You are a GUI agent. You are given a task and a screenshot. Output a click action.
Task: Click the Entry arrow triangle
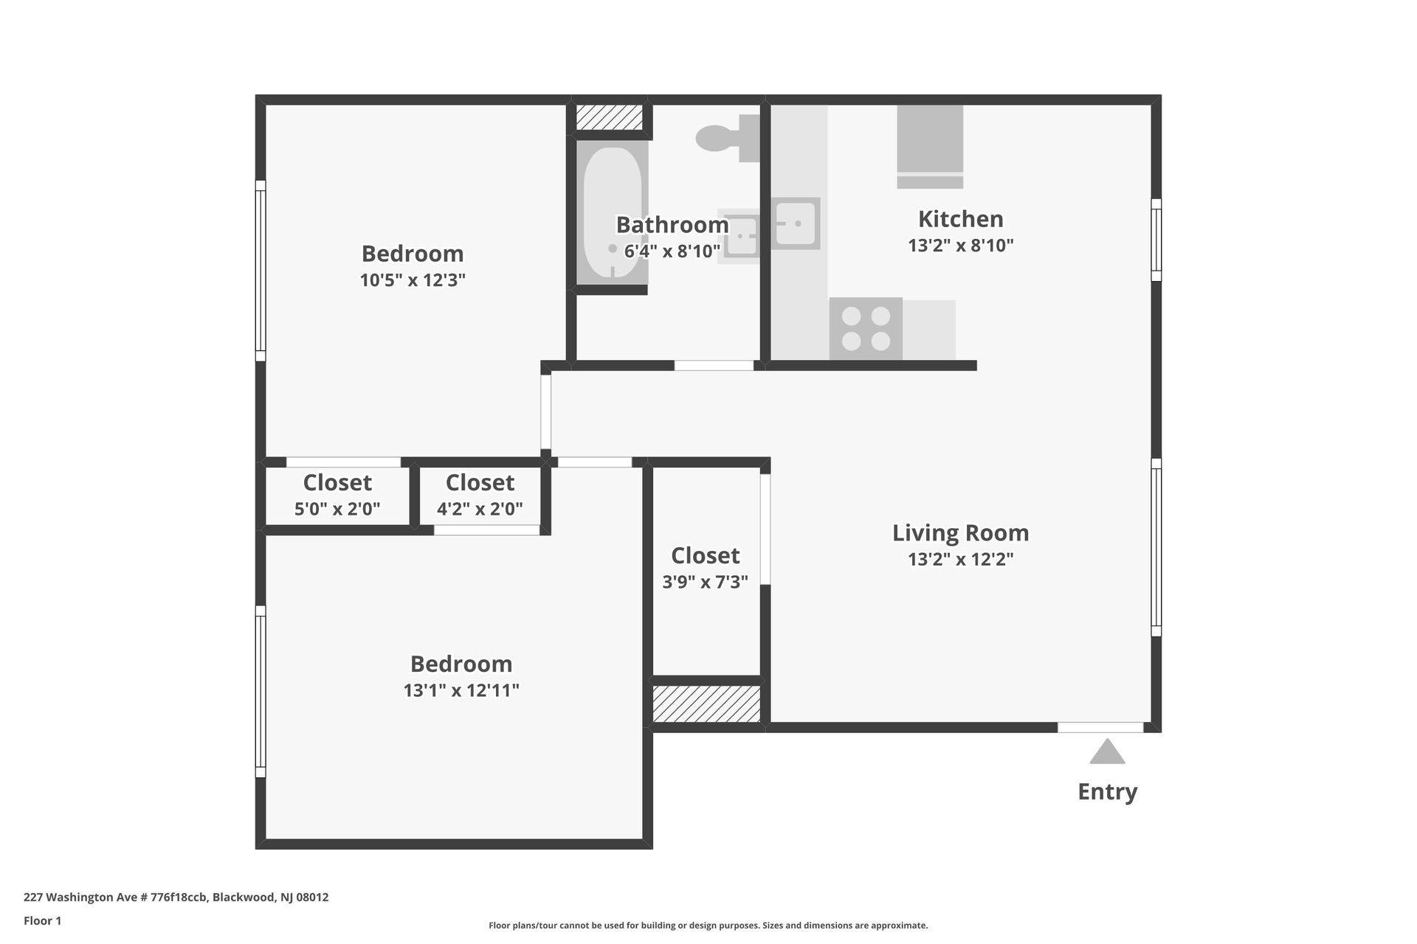click(x=1107, y=754)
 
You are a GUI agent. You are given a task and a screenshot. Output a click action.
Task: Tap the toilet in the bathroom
click(x=727, y=139)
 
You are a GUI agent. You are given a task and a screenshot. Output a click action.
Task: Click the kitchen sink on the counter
click(x=795, y=223)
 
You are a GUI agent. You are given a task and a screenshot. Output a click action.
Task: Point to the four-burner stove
click(x=866, y=329)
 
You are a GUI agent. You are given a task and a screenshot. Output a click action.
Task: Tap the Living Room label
click(x=960, y=532)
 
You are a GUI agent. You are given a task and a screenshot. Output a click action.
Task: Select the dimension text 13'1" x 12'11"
click(x=461, y=691)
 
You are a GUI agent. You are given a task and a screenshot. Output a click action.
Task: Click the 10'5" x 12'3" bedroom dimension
click(x=413, y=280)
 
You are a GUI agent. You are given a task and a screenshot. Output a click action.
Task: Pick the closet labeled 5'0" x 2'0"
click(x=337, y=495)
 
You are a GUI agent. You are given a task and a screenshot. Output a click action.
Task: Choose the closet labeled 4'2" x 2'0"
click(x=480, y=495)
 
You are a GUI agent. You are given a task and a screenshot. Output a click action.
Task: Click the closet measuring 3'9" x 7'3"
click(x=706, y=569)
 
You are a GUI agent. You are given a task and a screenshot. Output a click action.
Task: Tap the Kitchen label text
click(x=960, y=219)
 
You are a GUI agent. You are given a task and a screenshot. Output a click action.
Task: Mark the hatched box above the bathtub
click(x=609, y=118)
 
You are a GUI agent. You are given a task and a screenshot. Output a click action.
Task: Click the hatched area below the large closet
click(x=706, y=704)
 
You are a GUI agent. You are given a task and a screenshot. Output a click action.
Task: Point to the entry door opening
click(x=1100, y=727)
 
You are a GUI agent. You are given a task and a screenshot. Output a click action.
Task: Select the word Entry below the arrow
click(x=1107, y=791)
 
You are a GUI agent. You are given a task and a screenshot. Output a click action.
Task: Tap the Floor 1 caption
click(x=42, y=920)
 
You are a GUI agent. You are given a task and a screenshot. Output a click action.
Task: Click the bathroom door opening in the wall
click(x=714, y=365)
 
